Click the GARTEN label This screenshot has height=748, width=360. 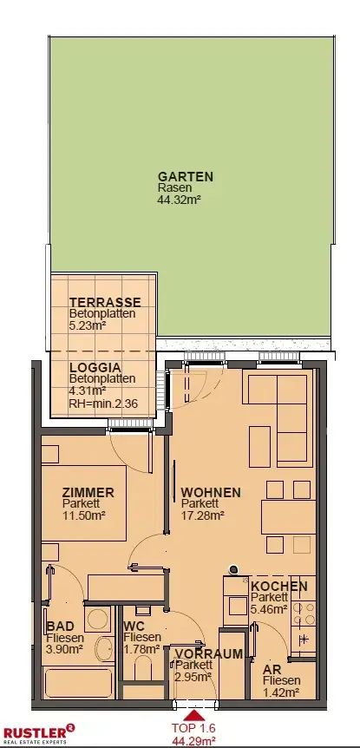(x=186, y=176)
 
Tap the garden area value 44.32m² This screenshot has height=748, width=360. (x=179, y=200)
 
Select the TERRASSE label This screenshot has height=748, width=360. (x=105, y=302)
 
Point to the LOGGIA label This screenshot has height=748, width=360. (x=95, y=368)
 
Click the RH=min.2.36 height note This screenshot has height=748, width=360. (x=103, y=404)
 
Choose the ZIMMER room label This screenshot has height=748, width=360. (x=88, y=492)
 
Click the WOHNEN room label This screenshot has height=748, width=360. (x=211, y=492)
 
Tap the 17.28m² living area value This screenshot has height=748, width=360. (x=203, y=515)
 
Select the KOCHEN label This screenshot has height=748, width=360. (x=279, y=587)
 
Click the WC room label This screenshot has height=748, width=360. (x=134, y=626)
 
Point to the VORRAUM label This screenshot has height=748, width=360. (x=208, y=653)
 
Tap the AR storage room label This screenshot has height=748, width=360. (x=272, y=669)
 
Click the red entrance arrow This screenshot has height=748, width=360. (x=194, y=715)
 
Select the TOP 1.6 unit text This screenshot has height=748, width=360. (x=194, y=728)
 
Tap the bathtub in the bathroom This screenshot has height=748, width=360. (x=79, y=683)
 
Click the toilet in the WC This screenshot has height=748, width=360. (x=143, y=668)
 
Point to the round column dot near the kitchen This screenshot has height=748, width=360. (x=233, y=568)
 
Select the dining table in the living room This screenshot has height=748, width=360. (x=288, y=516)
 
